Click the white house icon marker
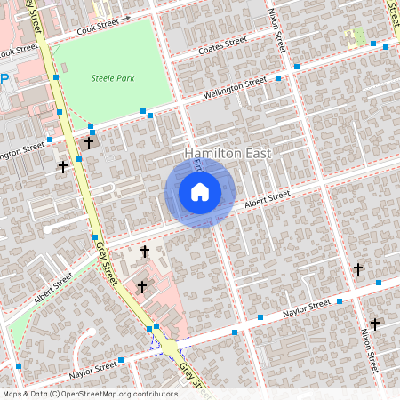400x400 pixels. tap(200, 192)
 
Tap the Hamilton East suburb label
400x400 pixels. tap(228, 154)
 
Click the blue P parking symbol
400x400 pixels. tap(4, 79)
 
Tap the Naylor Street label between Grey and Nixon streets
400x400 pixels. tap(307, 308)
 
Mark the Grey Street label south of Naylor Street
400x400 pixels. tap(192, 377)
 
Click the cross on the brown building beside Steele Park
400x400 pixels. tap(89, 141)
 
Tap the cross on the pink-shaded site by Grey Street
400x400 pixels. tap(142, 286)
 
